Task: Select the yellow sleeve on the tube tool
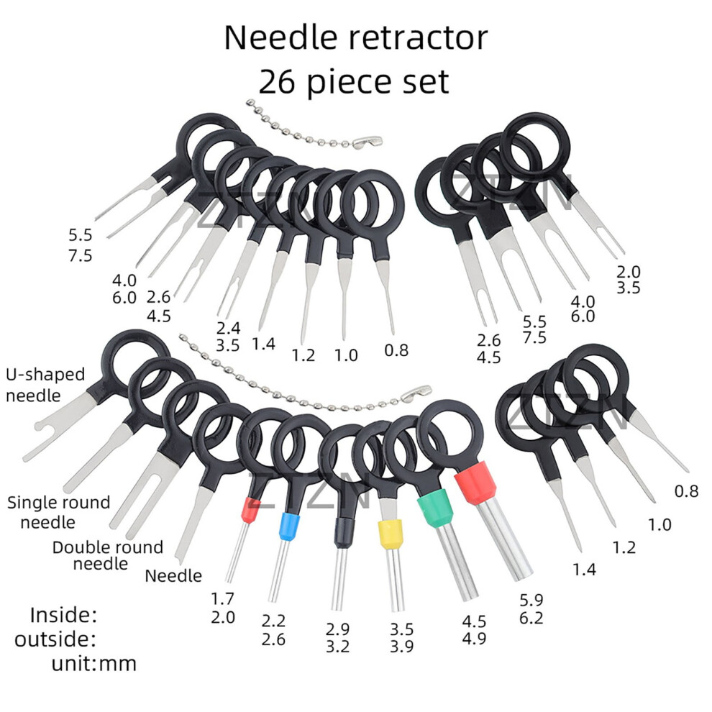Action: tap(390, 534)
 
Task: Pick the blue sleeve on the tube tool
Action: tap(287, 526)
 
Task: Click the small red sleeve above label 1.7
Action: tap(250, 510)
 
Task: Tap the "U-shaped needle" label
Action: tap(45, 385)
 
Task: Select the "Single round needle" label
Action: tap(58, 512)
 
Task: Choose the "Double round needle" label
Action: tap(108, 555)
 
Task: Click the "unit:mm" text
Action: tap(94, 664)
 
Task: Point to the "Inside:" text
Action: tap(63, 616)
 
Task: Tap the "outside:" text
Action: tap(55, 640)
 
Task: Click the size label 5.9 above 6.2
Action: tap(531, 601)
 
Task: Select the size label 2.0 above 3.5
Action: tap(629, 272)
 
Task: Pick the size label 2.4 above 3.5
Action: tap(228, 328)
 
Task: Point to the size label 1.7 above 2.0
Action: tap(222, 599)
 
